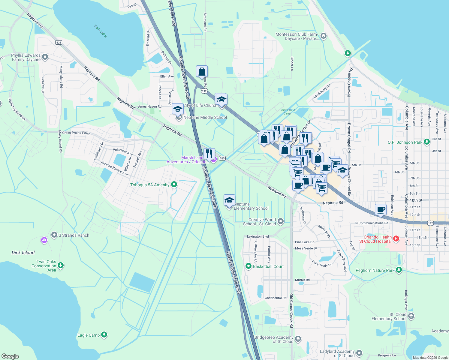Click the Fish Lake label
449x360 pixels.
[100, 31]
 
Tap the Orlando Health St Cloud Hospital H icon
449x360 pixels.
[396, 239]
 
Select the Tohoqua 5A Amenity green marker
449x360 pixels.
[174, 184]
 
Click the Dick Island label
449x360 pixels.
[23, 253]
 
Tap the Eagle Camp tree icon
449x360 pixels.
[104, 335]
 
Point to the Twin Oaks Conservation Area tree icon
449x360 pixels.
[61, 265]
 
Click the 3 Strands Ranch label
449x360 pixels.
[74, 235]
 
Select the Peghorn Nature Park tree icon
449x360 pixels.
[399, 270]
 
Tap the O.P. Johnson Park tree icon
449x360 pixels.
[427, 142]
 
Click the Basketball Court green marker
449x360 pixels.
[248, 266]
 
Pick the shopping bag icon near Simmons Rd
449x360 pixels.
[202, 71]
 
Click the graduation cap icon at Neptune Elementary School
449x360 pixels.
[229, 200]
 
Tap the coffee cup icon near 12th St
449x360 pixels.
[381, 209]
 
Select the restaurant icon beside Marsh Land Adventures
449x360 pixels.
[209, 154]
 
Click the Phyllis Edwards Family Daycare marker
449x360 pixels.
[45, 57]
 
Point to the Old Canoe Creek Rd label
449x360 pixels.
[291, 310]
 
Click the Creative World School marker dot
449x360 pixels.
[281, 221]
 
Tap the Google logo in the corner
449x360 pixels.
[10, 356]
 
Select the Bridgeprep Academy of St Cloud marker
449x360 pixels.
[298, 339]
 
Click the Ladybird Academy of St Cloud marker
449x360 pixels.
[359, 353]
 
